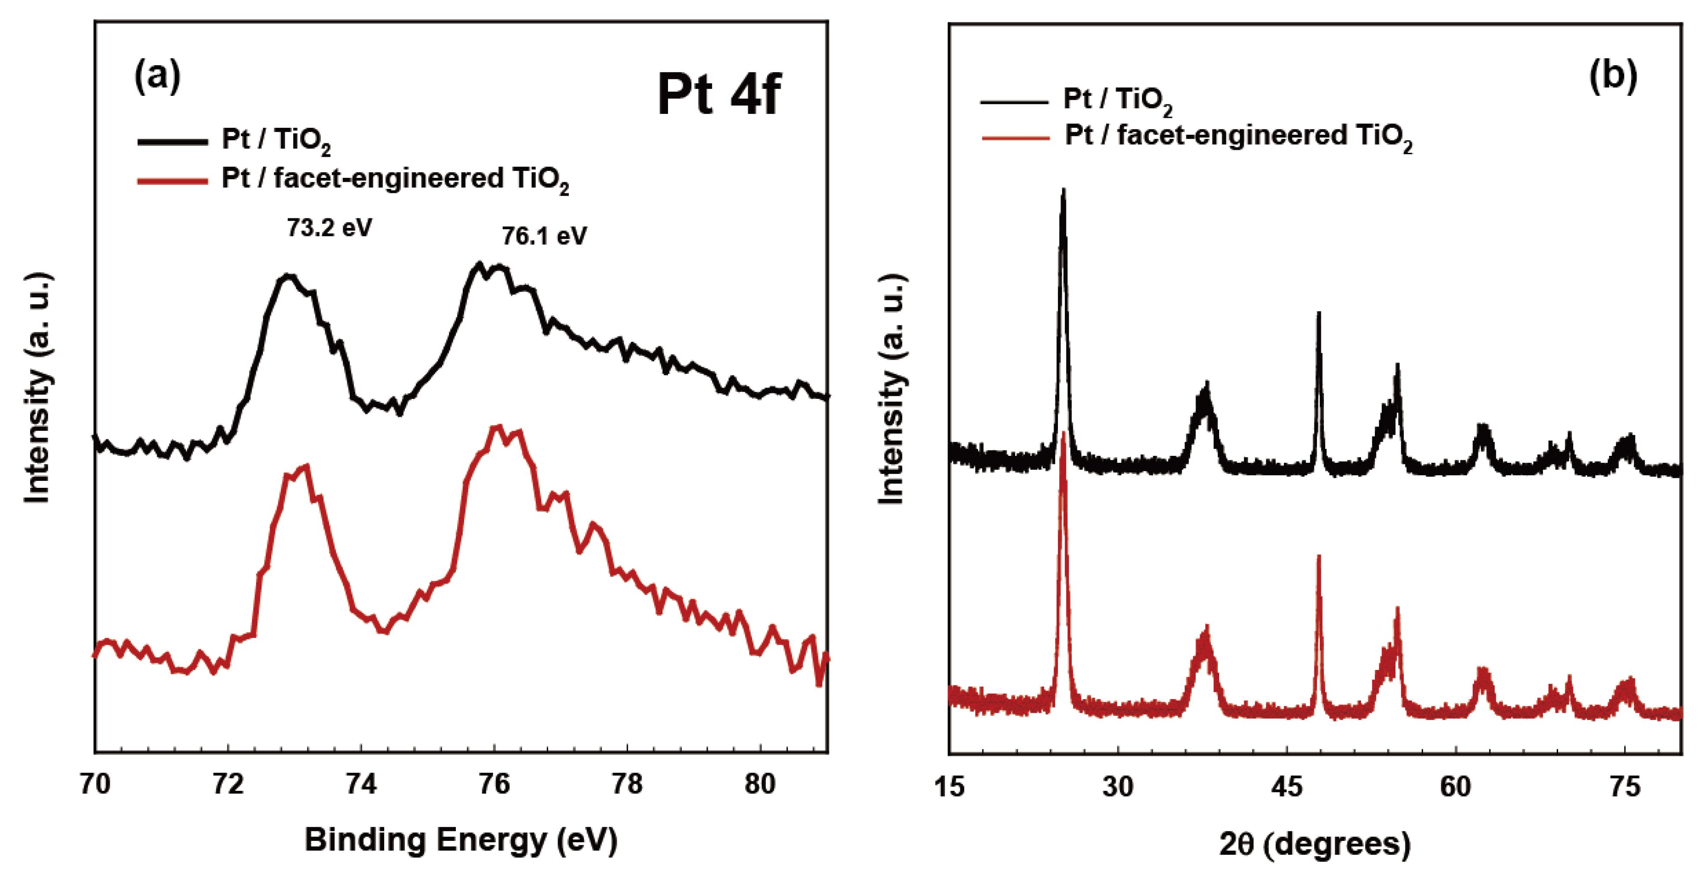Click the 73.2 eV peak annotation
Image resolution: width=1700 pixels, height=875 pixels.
pyautogui.click(x=329, y=228)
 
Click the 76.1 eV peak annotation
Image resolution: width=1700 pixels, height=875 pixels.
pyautogui.click(x=544, y=236)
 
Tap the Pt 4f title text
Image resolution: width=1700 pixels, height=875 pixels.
pyautogui.click(x=718, y=95)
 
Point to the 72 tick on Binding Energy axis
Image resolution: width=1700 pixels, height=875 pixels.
pyautogui.click(x=228, y=784)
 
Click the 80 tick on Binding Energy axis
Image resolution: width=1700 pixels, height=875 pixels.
pyautogui.click(x=760, y=784)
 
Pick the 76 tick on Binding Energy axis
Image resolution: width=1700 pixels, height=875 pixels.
pyautogui.click(x=494, y=784)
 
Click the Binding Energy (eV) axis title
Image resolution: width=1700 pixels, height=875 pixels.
pyautogui.click(x=461, y=840)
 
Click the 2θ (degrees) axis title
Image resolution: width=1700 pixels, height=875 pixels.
pyautogui.click(x=1314, y=843)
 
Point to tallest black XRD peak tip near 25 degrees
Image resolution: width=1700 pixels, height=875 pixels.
pyautogui.click(x=1063, y=191)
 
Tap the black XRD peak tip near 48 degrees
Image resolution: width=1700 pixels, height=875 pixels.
pyautogui.click(x=1318, y=313)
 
